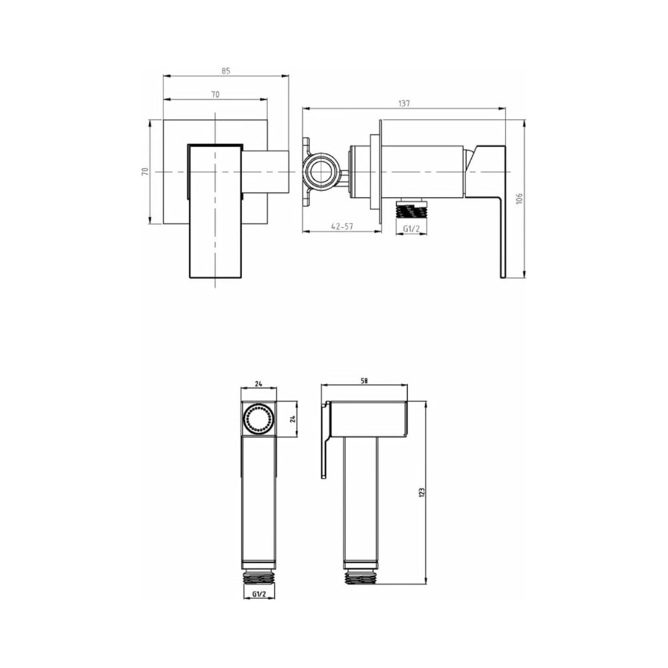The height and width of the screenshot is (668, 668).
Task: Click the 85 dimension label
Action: [x=226, y=71]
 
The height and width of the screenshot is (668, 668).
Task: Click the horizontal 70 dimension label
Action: [x=215, y=94]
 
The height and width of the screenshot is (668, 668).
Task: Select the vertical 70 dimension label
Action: [x=145, y=172]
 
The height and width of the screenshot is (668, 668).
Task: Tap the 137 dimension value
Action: [x=404, y=103]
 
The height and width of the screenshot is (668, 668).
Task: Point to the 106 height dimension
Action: [x=518, y=198]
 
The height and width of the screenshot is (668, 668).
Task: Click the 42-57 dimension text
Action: [x=342, y=226]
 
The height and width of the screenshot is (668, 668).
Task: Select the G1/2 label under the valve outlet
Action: [x=411, y=228]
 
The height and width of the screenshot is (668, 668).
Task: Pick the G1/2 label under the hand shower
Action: [x=259, y=594]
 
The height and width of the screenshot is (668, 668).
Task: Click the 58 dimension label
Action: [x=364, y=381]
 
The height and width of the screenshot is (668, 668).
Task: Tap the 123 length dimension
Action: [x=422, y=492]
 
